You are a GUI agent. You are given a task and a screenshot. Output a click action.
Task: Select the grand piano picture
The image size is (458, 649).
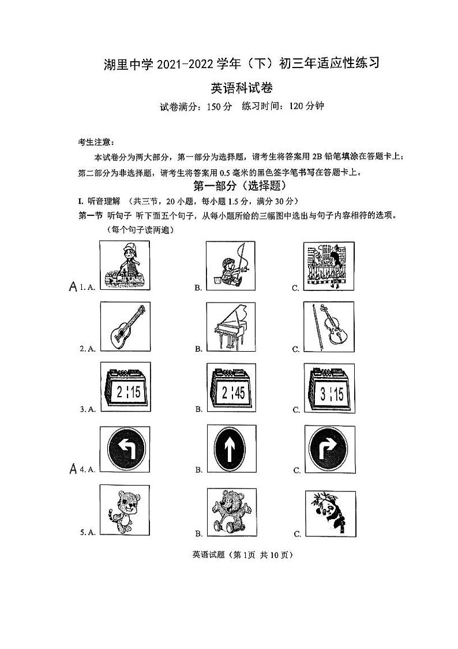click(x=230, y=327)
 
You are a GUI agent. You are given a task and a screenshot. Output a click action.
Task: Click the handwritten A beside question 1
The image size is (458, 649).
click(x=73, y=286)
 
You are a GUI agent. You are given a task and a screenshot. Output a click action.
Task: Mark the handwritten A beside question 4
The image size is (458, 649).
click(x=73, y=469)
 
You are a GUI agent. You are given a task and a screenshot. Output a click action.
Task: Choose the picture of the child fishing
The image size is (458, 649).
click(x=230, y=265)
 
